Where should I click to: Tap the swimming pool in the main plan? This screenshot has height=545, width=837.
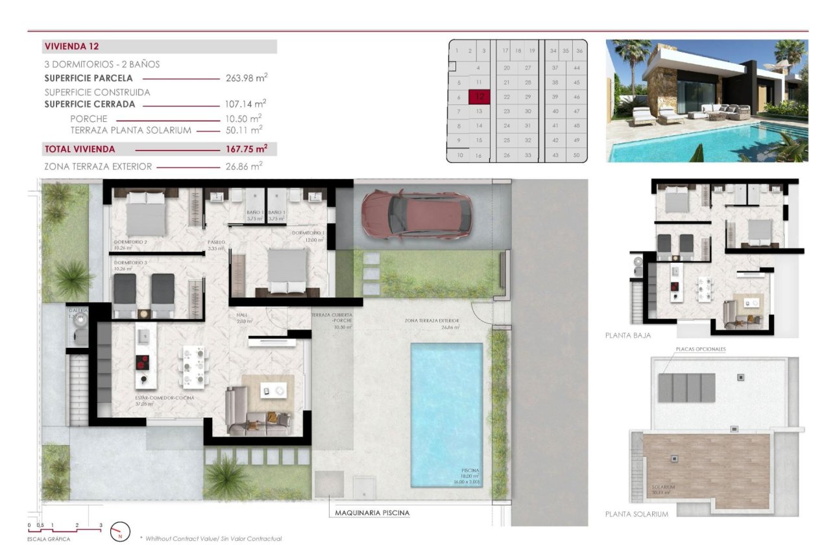click(x=446, y=415)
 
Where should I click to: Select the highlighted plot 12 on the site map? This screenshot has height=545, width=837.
click(x=479, y=97)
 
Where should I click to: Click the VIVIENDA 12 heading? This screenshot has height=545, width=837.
click(x=71, y=47)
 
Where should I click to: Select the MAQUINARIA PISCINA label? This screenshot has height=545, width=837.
click(x=372, y=513)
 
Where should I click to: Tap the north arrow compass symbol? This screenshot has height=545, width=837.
click(x=120, y=531)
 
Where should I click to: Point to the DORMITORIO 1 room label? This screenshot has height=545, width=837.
click(x=308, y=233)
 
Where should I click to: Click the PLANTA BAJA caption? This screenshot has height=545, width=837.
click(x=627, y=336)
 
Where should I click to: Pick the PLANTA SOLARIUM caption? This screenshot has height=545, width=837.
click(x=636, y=514)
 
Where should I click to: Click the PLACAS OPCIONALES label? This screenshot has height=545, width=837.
click(x=700, y=349)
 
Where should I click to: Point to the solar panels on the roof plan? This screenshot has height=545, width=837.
click(x=687, y=387)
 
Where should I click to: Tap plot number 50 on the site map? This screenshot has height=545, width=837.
click(x=576, y=155)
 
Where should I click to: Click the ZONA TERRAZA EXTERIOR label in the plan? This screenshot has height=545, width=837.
click(x=431, y=321)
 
